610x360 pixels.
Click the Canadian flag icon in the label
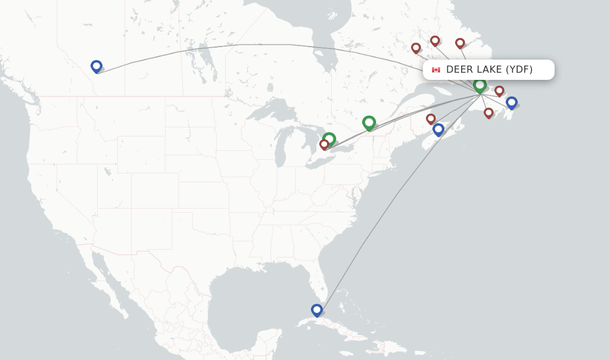436,70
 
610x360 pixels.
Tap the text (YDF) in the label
519,69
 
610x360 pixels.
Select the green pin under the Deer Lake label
480,85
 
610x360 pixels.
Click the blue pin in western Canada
97,66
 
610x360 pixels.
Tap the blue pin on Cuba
317,310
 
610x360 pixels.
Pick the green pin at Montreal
369,122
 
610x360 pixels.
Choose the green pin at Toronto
329,139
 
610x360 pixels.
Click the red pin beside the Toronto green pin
324,144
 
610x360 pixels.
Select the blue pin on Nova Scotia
438,129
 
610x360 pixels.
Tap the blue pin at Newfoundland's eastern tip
511,102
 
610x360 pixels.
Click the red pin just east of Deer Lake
499,91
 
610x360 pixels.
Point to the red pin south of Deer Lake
488,113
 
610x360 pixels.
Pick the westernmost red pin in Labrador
416,48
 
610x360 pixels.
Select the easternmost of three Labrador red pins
460,43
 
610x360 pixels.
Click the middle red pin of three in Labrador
435,41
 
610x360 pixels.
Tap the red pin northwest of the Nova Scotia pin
431,119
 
